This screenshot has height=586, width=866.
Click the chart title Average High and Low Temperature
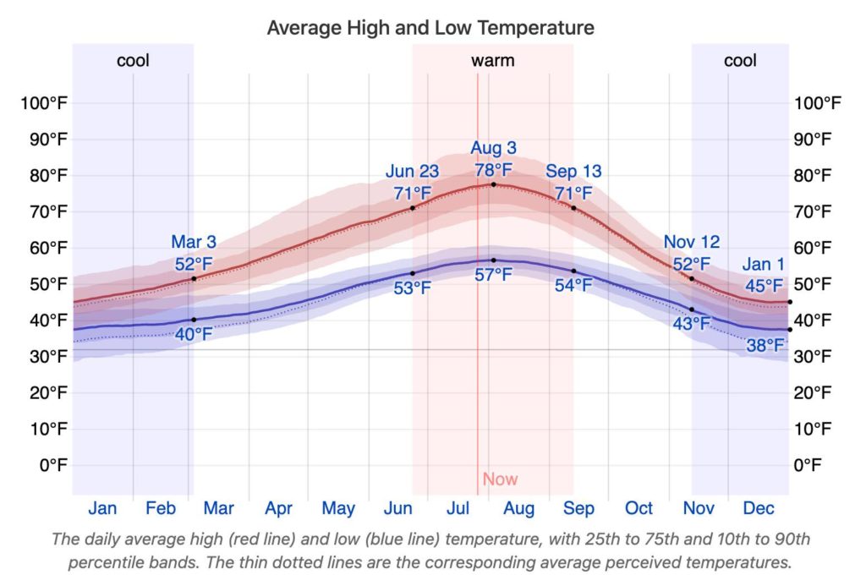[430, 28]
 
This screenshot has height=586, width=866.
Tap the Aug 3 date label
[493, 150]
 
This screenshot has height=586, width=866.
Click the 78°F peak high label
[493, 170]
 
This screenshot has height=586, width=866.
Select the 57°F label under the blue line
[493, 275]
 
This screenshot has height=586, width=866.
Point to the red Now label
[500, 479]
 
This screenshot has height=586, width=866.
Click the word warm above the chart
[492, 61]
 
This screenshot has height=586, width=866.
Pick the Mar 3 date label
[194, 244]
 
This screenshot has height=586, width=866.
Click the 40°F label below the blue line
[194, 334]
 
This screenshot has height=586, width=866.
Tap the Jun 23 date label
[412, 173]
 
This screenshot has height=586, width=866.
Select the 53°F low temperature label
[412, 288]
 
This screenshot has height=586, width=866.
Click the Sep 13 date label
[573, 172]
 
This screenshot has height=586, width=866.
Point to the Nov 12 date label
[692, 244]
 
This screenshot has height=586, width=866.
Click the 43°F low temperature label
[692, 324]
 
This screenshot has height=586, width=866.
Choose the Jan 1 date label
[764, 265]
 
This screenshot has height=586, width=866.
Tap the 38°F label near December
[764, 345]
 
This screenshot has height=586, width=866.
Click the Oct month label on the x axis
[639, 508]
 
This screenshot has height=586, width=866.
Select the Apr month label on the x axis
[278, 508]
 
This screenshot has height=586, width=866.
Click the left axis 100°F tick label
[44, 104]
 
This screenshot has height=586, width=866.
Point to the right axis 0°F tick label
[808, 464]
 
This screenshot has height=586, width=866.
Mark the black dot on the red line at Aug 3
[494, 184]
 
